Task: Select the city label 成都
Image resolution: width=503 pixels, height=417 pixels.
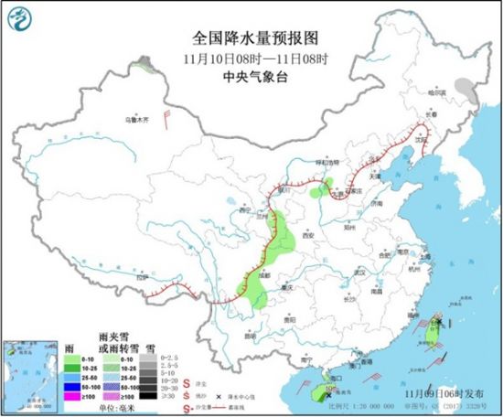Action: [265, 273]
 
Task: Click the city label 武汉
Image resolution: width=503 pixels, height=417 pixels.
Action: [359, 273]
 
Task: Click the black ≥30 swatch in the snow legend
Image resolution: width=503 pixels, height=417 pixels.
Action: [145, 397]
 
